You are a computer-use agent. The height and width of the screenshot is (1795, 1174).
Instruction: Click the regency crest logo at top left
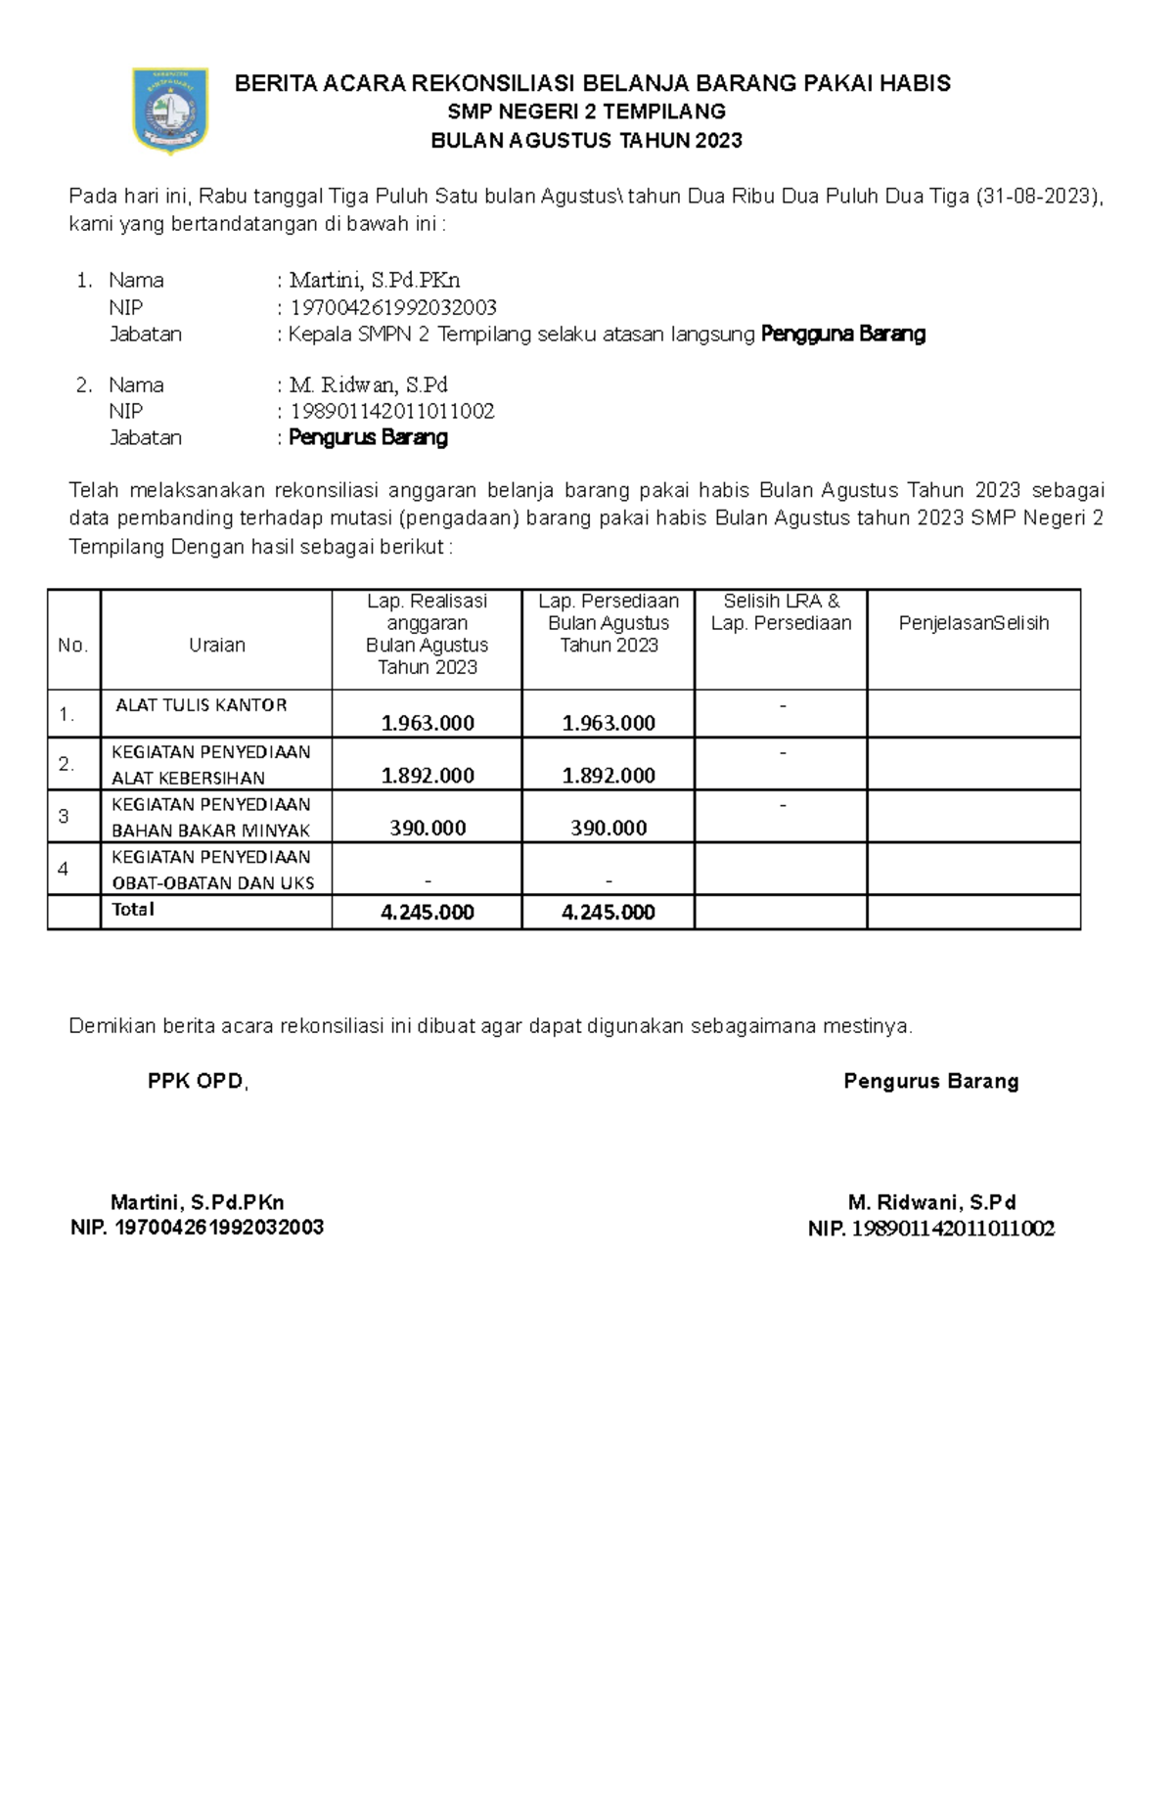click(170, 110)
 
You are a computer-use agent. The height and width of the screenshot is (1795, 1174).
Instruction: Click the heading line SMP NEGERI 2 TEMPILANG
click(586, 112)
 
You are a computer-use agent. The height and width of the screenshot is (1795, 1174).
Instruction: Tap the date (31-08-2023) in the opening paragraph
click(1038, 197)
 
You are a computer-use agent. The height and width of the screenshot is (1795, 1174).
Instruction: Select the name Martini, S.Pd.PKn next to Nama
click(375, 281)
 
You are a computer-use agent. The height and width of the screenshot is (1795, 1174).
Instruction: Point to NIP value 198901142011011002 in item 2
click(392, 412)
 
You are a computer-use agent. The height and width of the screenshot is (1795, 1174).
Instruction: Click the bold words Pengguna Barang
click(842, 335)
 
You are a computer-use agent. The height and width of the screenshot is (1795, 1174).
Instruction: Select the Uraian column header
click(216, 646)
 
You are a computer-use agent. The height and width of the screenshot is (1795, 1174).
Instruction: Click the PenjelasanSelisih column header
click(973, 623)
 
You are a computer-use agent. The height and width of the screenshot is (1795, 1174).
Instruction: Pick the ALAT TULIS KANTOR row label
click(202, 705)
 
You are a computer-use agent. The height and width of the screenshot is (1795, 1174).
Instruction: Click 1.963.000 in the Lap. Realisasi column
click(428, 724)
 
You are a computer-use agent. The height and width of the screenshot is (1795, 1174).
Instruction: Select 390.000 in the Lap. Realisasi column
click(428, 829)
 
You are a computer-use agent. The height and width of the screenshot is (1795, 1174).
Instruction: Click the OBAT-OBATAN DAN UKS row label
click(213, 883)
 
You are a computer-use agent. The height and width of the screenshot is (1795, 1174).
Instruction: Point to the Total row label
click(133, 910)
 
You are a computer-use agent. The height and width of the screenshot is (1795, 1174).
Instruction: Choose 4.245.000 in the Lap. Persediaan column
click(609, 913)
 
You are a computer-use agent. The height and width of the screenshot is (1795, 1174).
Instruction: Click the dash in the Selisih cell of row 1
click(782, 704)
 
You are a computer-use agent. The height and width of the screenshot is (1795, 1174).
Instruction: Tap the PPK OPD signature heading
click(198, 1082)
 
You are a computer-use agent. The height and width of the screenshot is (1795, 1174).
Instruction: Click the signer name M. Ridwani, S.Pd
click(931, 1203)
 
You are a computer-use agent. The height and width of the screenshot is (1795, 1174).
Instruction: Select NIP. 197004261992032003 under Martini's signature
click(198, 1228)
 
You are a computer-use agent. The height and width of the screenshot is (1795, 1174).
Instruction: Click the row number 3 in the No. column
click(64, 817)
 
